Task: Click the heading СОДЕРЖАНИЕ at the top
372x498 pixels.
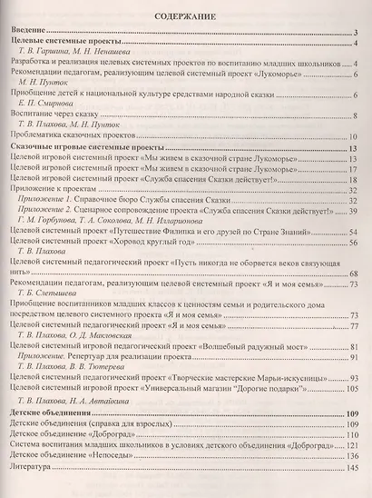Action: [x=185, y=15]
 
